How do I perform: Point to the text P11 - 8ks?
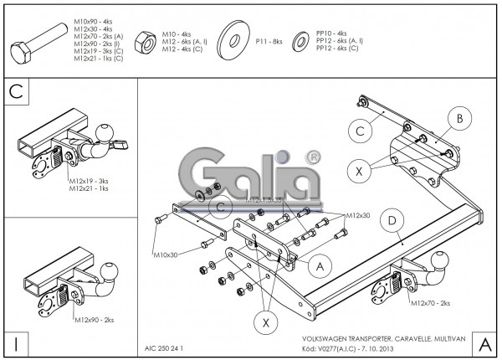tap(269, 40)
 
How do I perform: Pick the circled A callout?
tap(316, 265)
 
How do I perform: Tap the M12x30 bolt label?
tap(358, 215)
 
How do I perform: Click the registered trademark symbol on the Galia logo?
tap(312, 157)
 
